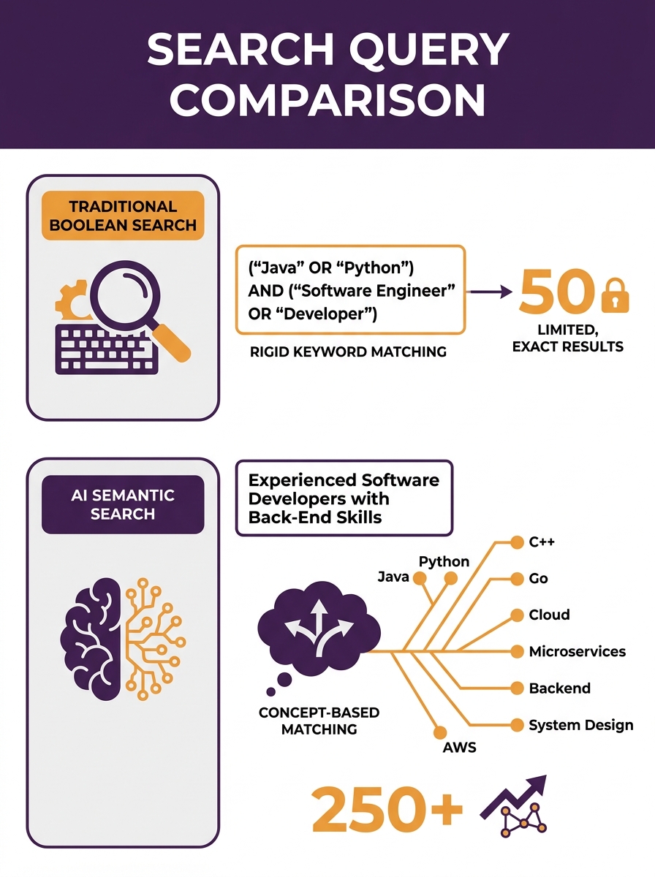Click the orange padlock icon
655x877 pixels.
(615, 295)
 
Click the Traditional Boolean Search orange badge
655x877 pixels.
(123, 216)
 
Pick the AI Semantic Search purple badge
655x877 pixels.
(123, 504)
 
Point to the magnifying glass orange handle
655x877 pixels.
(172, 343)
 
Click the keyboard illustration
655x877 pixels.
(107, 349)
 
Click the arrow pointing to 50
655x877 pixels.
(491, 292)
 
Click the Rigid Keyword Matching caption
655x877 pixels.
(348, 352)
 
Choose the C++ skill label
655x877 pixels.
(542, 542)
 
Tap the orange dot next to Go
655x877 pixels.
(517, 579)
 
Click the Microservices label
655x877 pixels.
(577, 652)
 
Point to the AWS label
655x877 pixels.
(460, 747)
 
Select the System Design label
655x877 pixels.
(581, 725)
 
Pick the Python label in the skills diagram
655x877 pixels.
(444, 562)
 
